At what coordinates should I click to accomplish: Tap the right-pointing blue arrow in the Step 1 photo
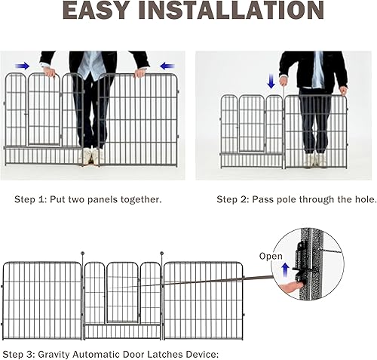23,66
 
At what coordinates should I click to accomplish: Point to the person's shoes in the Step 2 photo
316,160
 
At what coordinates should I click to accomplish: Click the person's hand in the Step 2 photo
343,90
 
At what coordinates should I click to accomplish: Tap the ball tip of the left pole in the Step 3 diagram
82,252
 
